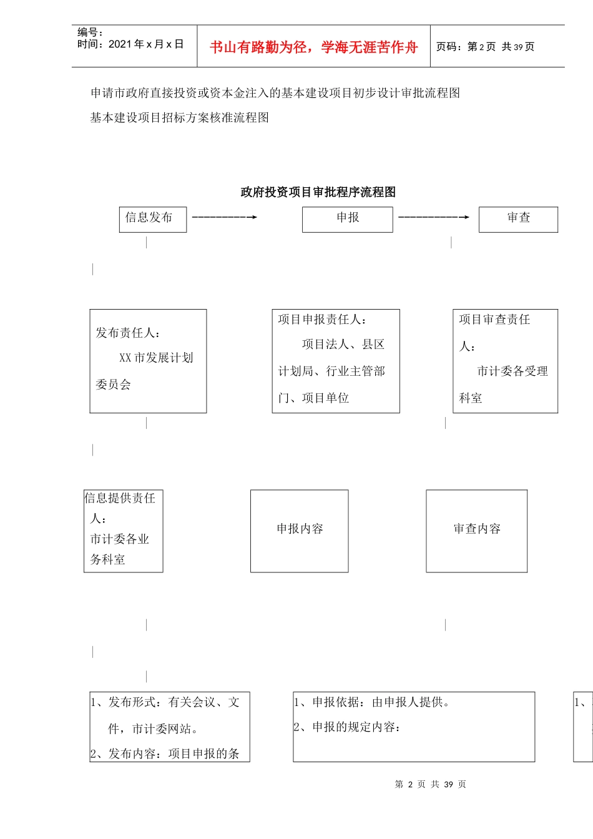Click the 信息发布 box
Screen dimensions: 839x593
[x=152, y=219]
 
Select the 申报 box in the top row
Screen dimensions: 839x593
[x=347, y=219]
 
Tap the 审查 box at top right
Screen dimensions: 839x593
[x=518, y=219]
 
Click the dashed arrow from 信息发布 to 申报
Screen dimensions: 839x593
[x=225, y=217]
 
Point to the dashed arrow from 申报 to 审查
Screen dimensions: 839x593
[x=434, y=217]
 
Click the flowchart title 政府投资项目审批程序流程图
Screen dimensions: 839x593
[x=318, y=192]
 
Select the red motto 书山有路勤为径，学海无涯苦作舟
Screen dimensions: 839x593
[x=313, y=47]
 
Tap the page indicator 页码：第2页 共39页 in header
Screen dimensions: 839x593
[x=485, y=47]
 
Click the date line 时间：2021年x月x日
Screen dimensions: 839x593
[x=130, y=44]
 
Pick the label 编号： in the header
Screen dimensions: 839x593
[x=91, y=32]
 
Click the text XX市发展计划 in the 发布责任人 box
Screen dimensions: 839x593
[x=156, y=358]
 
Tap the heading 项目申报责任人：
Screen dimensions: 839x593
[x=323, y=320]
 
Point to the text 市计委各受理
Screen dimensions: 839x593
[x=512, y=371]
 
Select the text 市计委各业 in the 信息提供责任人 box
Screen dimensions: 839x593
[x=120, y=539]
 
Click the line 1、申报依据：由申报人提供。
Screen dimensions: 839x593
[x=372, y=702]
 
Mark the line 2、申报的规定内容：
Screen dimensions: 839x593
[x=347, y=727]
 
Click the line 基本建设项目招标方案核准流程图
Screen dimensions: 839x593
[x=180, y=117]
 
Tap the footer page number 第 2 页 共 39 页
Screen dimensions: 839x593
[x=430, y=784]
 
